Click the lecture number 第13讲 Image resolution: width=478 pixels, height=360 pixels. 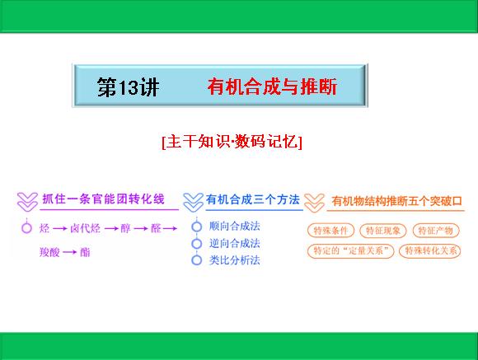[x=128, y=86]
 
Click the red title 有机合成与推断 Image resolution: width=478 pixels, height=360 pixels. [x=272, y=86]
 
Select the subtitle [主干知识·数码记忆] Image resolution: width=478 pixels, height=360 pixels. [x=232, y=142]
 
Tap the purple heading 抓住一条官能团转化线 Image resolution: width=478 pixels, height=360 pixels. [x=103, y=199]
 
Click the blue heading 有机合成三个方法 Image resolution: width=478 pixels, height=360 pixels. [x=253, y=199]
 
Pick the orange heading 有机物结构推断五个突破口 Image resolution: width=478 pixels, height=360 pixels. [x=397, y=201]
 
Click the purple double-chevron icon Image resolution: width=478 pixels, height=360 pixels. [x=27, y=202]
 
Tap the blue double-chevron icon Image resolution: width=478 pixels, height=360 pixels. [x=194, y=202]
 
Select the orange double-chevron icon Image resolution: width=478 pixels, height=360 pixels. [x=314, y=203]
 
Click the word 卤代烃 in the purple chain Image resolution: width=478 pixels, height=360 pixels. [x=85, y=228]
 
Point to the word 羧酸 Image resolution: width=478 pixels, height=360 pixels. [x=49, y=252]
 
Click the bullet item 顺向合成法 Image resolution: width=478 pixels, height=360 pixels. [x=234, y=227]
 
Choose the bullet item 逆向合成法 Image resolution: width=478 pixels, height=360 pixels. [x=234, y=243]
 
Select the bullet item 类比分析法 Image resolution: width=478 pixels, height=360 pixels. [x=234, y=260]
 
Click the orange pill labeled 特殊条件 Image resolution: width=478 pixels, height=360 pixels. [x=330, y=231]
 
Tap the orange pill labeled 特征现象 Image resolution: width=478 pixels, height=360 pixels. [x=383, y=231]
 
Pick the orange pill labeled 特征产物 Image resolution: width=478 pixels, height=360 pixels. [x=436, y=231]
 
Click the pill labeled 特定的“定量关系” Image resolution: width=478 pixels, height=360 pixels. [x=350, y=251]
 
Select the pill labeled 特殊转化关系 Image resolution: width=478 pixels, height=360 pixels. [x=430, y=251]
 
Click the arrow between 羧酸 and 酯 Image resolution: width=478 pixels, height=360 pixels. [x=70, y=252]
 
